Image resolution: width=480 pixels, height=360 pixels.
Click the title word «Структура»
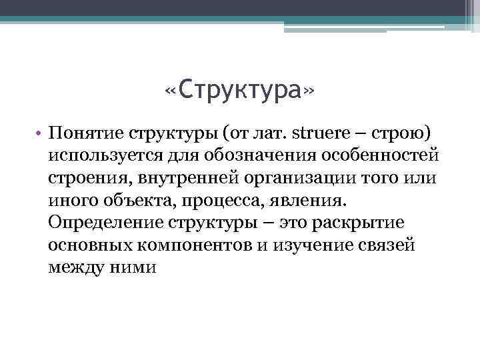coord(238,89)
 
